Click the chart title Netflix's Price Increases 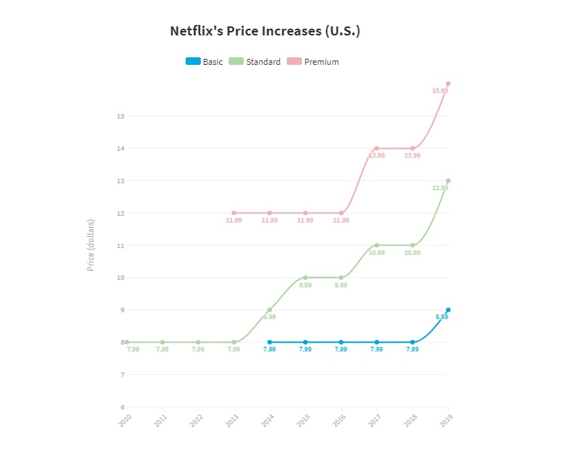(x=265, y=32)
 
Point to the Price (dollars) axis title (x=91, y=245)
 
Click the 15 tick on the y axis (x=120, y=116)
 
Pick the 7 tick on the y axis (x=122, y=375)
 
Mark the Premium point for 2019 (x=448, y=84)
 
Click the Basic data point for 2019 (x=448, y=310)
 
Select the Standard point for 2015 (x=306, y=278)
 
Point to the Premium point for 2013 (x=234, y=213)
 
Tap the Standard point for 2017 (x=377, y=245)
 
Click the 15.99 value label (x=439, y=90)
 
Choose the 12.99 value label (x=439, y=188)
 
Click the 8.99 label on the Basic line (x=441, y=317)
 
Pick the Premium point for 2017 (x=377, y=149)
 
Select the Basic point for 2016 (x=341, y=342)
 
